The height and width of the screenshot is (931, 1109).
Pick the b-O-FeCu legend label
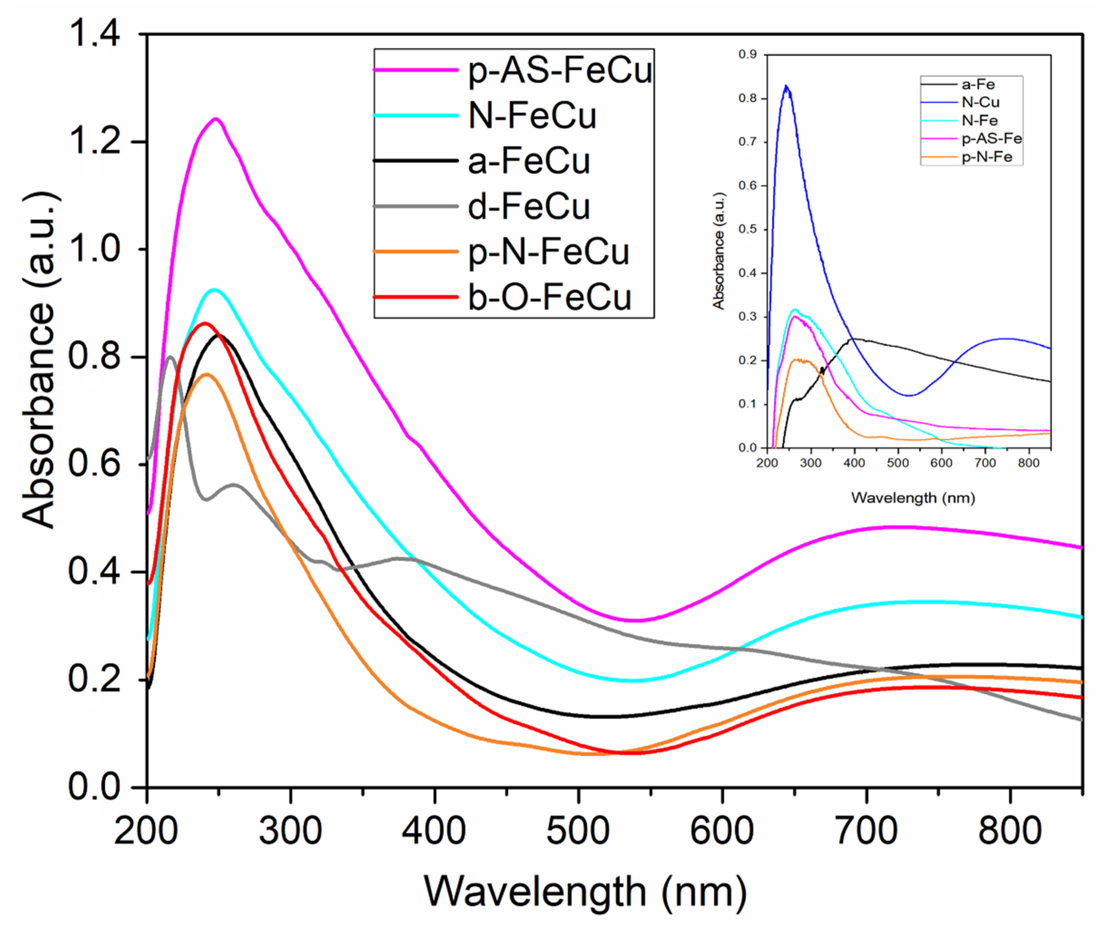coord(549,297)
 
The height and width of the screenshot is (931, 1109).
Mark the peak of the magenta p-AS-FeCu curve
coord(216,119)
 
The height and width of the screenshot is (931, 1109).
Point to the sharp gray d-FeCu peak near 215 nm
coord(169,357)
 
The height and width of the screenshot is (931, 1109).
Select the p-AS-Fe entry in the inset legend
coord(991,139)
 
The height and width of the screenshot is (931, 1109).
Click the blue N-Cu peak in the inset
coord(786,86)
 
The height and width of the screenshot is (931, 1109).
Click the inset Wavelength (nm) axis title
coord(913,498)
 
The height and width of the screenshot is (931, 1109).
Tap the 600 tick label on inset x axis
coord(941,463)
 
